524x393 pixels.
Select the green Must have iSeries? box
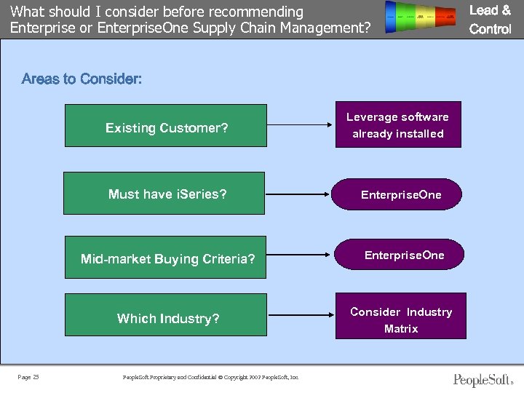point(164,193)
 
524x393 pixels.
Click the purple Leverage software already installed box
point(398,124)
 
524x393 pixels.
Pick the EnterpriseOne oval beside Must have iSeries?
point(400,194)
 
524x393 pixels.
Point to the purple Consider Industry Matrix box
point(400,319)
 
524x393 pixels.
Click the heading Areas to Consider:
point(82,79)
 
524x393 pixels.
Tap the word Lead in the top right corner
point(484,10)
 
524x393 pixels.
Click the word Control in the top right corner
point(491,29)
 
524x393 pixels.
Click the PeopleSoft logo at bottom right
point(483,379)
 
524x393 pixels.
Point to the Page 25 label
point(28,377)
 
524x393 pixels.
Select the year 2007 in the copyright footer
point(255,377)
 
